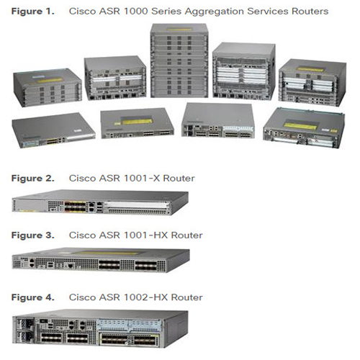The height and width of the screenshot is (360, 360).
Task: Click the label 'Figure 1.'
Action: click(x=33, y=12)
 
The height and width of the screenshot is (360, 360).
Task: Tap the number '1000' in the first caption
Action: click(x=135, y=12)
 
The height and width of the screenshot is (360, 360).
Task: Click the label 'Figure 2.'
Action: click(x=33, y=179)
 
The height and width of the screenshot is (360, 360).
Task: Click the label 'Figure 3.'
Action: click(x=33, y=235)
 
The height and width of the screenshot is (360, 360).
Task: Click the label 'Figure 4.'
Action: click(x=33, y=297)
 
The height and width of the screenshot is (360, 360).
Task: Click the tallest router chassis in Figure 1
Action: click(x=179, y=60)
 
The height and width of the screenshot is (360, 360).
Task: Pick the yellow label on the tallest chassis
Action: click(x=179, y=30)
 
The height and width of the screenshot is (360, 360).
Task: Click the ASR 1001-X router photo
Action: click(x=100, y=202)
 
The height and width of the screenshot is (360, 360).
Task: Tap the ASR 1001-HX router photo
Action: click(x=101, y=260)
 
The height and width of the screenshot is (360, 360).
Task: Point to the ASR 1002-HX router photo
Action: click(x=100, y=328)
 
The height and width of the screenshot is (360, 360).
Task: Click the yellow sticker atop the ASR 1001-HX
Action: click(x=106, y=253)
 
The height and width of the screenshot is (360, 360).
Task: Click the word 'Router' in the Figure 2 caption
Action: click(x=179, y=179)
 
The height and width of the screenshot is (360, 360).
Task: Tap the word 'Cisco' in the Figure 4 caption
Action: click(x=82, y=297)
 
